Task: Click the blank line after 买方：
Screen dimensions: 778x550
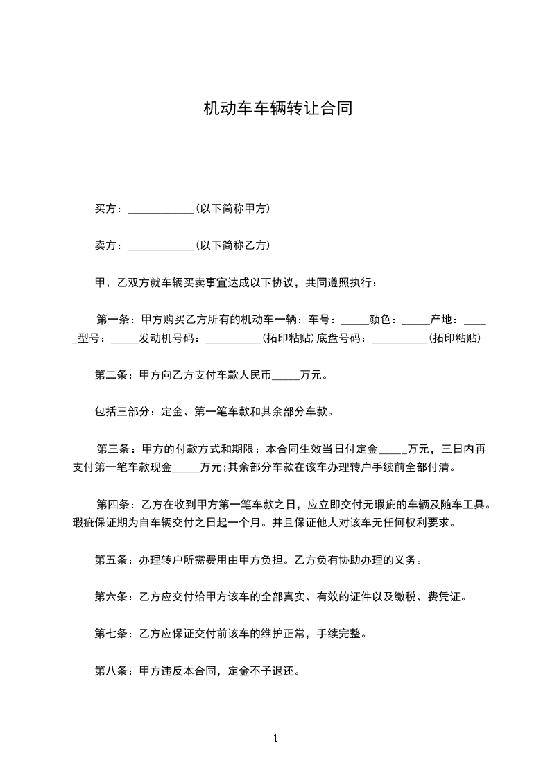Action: (162, 209)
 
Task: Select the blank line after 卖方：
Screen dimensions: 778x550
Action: (162, 246)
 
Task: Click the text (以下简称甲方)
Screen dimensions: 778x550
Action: (233, 209)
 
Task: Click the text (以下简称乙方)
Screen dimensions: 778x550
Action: (233, 245)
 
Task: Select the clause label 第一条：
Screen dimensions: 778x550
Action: (118, 320)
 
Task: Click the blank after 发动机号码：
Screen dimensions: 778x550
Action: (233, 340)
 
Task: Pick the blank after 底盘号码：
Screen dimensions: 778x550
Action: (399, 340)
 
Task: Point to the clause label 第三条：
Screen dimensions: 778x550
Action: (118, 449)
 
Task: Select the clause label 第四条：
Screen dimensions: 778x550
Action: (118, 504)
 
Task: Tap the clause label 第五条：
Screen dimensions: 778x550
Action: (117, 560)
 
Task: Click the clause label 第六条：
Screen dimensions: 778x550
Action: (117, 596)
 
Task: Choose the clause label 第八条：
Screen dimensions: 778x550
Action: (117, 671)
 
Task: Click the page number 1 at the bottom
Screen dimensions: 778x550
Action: (275, 738)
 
